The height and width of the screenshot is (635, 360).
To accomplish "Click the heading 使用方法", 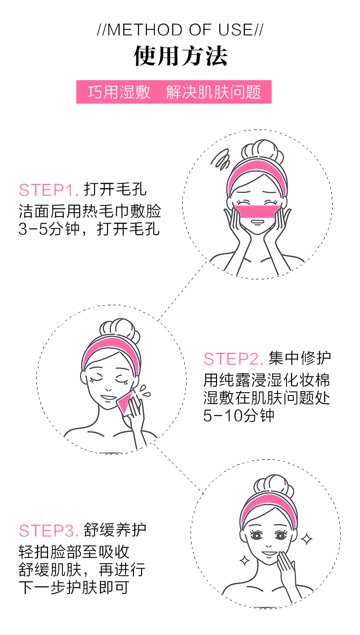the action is click(180, 56).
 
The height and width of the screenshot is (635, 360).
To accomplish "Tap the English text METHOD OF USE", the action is click(180, 30).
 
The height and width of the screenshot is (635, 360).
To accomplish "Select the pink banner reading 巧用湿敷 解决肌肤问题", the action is click(174, 92).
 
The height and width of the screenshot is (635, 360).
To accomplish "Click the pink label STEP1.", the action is click(48, 190).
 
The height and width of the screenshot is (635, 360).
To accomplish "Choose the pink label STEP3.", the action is click(48, 531).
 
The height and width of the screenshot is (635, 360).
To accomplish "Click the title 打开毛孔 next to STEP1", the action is click(115, 190).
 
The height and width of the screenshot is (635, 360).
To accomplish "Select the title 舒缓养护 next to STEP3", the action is click(115, 530).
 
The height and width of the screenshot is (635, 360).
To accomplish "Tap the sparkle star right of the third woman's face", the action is click(306, 539).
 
